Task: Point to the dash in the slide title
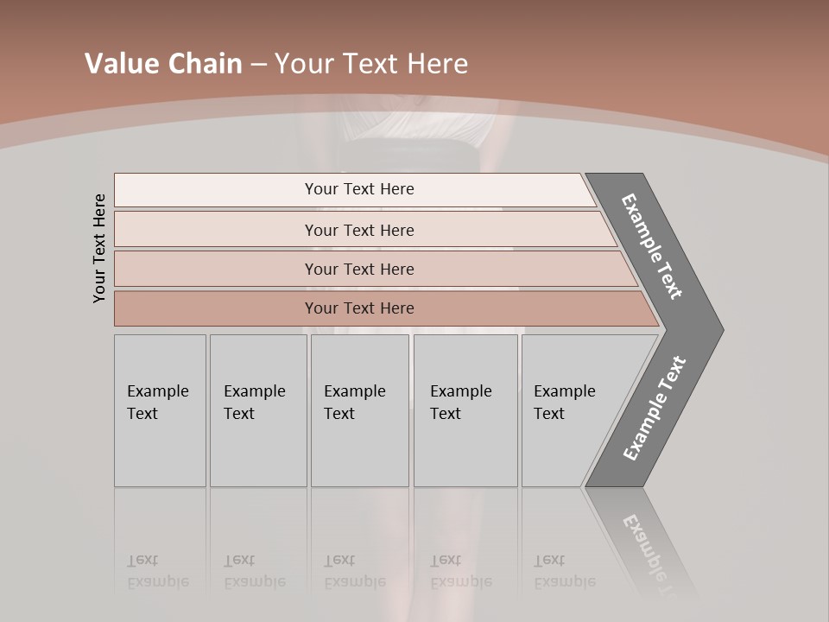[258, 65]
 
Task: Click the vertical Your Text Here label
[99, 248]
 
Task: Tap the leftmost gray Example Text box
[160, 410]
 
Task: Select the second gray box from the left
[257, 410]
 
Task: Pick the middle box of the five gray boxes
[359, 410]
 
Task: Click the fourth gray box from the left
[465, 410]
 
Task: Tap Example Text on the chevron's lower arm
[655, 408]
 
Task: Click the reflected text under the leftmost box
[157, 571]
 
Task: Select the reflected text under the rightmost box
[564, 571]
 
